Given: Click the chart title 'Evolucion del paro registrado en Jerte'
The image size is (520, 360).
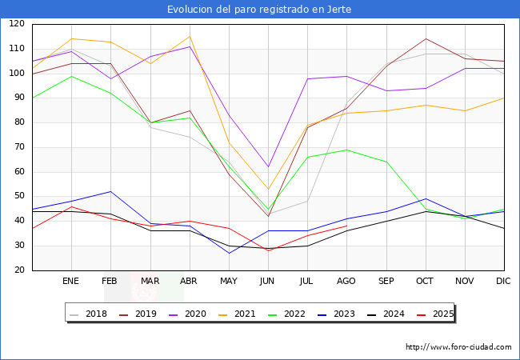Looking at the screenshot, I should point(259,9).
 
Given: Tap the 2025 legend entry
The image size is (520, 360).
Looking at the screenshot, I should point(436,314).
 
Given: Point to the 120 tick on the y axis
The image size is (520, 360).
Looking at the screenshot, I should point(16,24).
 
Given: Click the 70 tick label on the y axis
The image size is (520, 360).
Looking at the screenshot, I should point(18,147).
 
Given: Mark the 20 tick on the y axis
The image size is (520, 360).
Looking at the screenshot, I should point(18,270).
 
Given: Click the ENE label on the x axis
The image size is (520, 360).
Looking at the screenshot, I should point(71,281).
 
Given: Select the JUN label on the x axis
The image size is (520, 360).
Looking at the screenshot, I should point(267,281).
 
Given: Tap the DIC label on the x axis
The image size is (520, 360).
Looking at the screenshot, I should point(503,281).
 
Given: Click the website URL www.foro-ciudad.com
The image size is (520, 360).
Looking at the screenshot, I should point(458,347).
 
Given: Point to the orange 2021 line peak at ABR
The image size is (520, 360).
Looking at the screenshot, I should point(190,36).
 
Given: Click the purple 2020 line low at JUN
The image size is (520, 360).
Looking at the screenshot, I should point(268,166).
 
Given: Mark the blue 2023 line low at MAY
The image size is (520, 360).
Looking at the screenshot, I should point(229,253).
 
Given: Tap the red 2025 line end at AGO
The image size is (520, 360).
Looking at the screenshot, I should point(346,226).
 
